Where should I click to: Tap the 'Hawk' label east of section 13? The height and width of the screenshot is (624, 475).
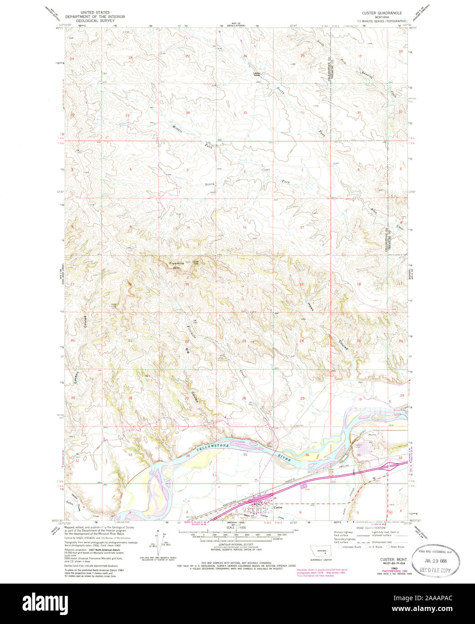(x=311, y=306)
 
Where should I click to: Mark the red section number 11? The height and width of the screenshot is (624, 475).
(x=245, y=228)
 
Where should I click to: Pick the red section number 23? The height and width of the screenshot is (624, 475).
(x=244, y=341)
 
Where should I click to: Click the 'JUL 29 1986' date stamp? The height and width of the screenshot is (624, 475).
(x=434, y=561)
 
